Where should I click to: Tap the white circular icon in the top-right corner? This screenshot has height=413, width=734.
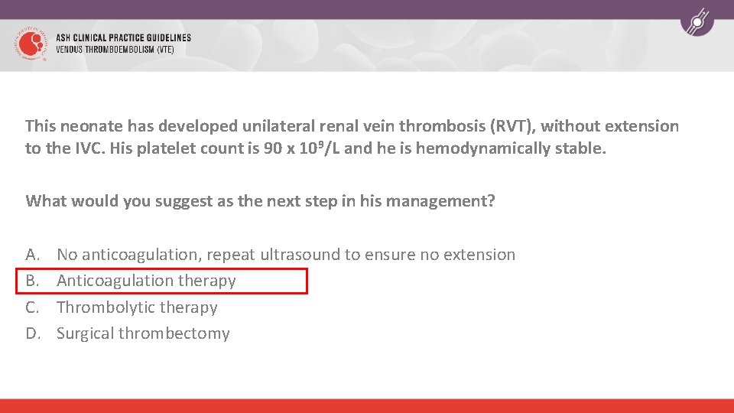coord(697,22)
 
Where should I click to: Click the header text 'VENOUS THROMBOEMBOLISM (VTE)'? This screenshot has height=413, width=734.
coord(115,50)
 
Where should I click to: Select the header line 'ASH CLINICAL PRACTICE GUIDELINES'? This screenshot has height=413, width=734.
coord(123,37)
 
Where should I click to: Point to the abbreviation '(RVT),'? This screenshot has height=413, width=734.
coord(514,126)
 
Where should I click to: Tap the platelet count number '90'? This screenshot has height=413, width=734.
coord(273,148)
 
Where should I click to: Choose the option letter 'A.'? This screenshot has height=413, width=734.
coord(33,255)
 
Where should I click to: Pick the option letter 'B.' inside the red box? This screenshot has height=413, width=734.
coord(33,281)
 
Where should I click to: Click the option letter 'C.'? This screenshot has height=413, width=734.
coord(33,307)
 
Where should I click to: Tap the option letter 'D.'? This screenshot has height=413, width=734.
coord(33,333)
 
